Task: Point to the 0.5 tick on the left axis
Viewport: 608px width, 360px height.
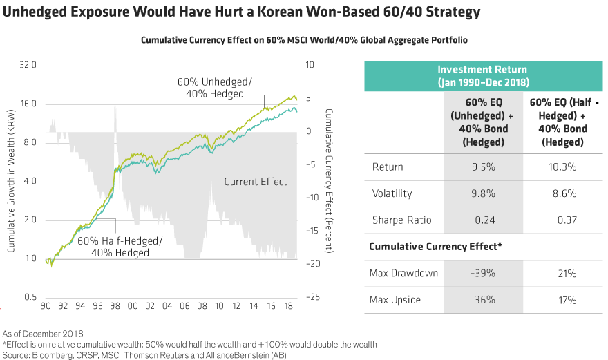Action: [30, 297]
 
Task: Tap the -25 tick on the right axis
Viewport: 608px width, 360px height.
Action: [312, 297]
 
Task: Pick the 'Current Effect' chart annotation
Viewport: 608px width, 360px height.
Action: [255, 182]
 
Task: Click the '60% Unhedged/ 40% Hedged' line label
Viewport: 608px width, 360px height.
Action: [213, 87]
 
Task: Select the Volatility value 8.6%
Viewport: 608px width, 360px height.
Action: [559, 193]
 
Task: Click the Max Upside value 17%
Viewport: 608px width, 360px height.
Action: [559, 299]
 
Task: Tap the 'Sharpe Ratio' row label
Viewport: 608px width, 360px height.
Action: [401, 220]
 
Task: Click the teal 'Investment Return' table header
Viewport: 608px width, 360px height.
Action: [482, 76]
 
